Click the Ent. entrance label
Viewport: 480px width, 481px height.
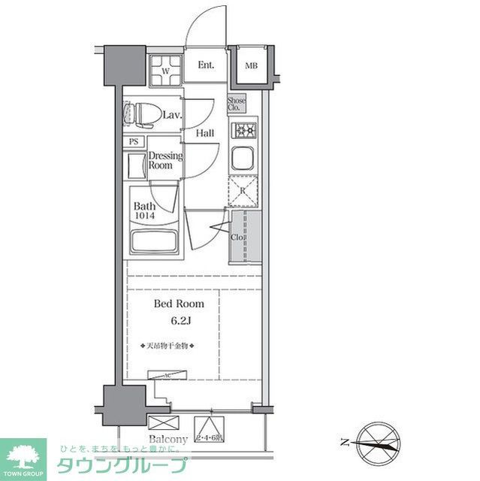(207, 65)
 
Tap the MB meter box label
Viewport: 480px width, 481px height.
(251, 66)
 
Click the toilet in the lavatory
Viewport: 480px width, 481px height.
(140, 113)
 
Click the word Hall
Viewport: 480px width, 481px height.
(204, 133)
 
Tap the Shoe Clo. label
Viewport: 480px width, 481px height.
(237, 104)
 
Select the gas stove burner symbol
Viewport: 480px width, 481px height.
(244, 132)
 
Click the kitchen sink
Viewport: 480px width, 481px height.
(243, 159)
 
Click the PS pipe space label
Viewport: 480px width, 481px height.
(134, 141)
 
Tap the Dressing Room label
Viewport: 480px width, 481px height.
(165, 160)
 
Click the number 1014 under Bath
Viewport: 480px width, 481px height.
(144, 216)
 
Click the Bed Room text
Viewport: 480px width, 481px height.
(178, 304)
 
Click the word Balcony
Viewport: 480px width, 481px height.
(168, 439)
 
